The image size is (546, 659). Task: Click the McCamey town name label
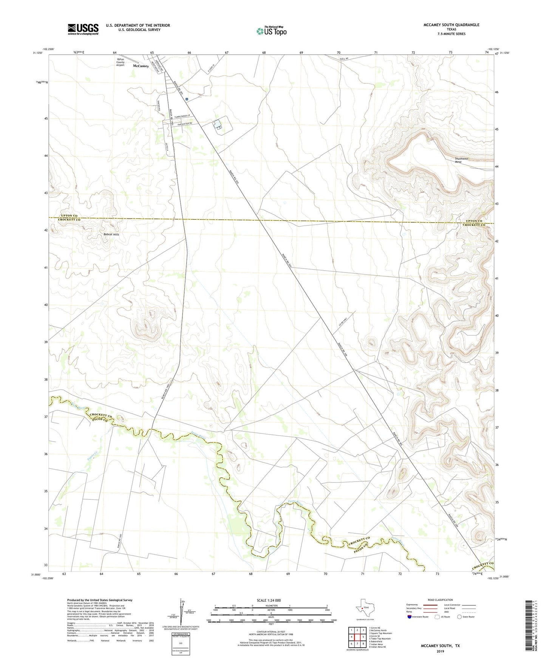tap(141, 66)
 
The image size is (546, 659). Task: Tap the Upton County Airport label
tap(121, 62)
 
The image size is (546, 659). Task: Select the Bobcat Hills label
tap(111, 234)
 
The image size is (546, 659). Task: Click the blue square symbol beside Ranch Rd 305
tap(187, 99)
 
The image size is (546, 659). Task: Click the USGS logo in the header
tap(83, 29)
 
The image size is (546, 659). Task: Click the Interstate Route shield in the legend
tap(410, 617)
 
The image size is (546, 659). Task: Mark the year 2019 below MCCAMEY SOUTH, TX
tap(440, 651)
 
